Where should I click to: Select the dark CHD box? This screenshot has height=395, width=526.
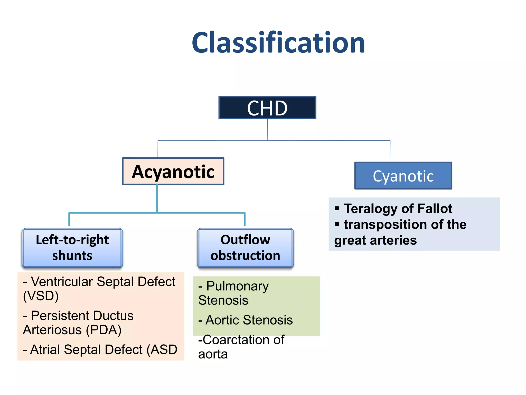(267, 108)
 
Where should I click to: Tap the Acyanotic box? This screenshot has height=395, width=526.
(173, 172)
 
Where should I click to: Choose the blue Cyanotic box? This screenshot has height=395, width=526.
(403, 176)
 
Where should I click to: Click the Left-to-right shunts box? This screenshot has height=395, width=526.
(72, 248)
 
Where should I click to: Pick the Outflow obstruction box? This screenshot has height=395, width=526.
(245, 248)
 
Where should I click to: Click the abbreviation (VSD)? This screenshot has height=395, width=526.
(41, 296)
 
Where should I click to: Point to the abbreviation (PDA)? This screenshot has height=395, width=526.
(104, 330)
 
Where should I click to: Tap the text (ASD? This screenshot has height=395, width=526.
(162, 350)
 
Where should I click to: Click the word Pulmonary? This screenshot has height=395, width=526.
(237, 286)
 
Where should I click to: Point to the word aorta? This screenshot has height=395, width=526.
(213, 354)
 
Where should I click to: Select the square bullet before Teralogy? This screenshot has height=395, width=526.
(337, 208)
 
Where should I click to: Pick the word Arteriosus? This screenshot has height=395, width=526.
(52, 330)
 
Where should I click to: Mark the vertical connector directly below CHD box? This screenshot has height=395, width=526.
(267, 130)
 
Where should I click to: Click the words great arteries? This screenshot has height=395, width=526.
(375, 240)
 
